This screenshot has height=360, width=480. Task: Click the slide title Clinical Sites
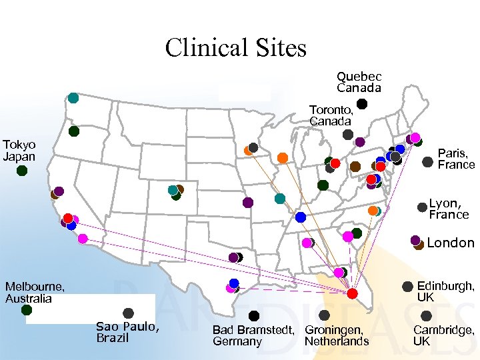tap(235, 48)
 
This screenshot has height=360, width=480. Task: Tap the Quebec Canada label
tap(359, 83)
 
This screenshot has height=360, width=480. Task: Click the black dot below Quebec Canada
tap(361, 104)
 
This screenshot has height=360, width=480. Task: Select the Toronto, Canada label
tap(330, 115)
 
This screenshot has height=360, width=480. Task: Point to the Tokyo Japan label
tap(19, 151)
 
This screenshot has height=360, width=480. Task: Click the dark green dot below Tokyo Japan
tap(22, 171)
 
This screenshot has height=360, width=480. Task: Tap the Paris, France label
tap(456, 159)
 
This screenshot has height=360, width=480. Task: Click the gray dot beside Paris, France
tap(428, 162)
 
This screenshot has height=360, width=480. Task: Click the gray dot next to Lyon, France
tap(422, 207)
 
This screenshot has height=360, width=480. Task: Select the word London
tap(451, 243)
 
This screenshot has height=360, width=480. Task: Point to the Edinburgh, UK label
tap(445, 291)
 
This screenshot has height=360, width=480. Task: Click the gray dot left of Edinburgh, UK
tap(407, 287)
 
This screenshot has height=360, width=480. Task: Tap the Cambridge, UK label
tap(443, 335)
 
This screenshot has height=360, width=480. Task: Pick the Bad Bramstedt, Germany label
tap(253, 335)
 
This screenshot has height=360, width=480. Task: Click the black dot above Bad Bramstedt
tap(254, 316)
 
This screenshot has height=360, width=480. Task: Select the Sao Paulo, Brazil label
tap(127, 331)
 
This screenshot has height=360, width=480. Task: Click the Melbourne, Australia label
tap(35, 292)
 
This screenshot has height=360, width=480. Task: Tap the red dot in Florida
tap(353, 294)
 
